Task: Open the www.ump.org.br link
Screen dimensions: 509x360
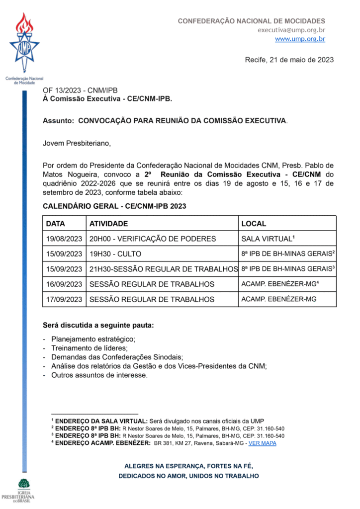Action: coord(300,39)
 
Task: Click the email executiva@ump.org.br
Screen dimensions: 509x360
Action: coord(291,30)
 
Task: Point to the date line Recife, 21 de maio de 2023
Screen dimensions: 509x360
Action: coord(289,60)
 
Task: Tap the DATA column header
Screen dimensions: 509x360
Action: coord(56,224)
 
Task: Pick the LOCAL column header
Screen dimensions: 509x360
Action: coord(254,224)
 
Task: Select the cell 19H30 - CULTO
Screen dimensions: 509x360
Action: coord(115,254)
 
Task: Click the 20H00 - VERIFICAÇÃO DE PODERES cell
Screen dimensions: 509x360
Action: coord(153,239)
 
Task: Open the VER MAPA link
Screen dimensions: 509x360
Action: coord(262,443)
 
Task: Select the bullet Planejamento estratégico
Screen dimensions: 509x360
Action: coord(93,339)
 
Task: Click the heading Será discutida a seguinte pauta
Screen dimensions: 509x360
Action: coord(98,326)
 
